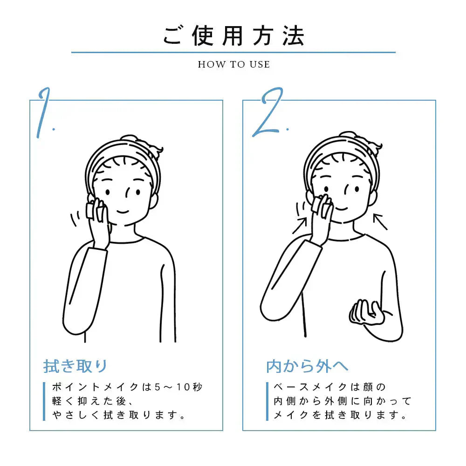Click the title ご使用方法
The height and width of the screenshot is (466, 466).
[x=233, y=36]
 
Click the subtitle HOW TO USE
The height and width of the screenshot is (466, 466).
[x=234, y=64]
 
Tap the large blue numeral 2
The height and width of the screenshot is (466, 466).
[x=268, y=112]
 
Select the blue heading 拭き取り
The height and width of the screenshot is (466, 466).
[x=75, y=366]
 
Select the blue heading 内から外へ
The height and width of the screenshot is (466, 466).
[x=307, y=366]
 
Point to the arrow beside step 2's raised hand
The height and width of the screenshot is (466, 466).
[x=300, y=226]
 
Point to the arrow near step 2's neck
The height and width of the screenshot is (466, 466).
[x=380, y=222]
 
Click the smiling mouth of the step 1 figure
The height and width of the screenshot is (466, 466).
[x=123, y=212]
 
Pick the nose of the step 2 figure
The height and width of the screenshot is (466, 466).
[x=347, y=191]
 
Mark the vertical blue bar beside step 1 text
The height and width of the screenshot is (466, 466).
[x=44, y=401]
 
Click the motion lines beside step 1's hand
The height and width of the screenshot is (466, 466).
[x=75, y=219]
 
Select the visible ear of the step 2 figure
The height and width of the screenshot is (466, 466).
[x=374, y=198]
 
